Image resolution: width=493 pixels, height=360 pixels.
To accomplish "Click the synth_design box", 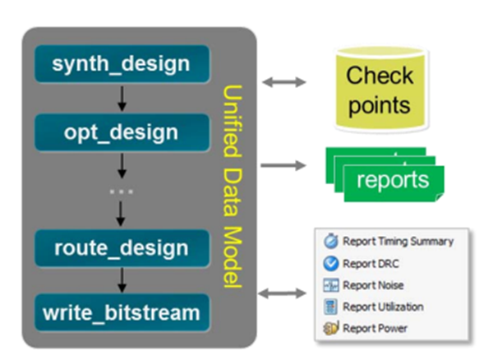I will (x=122, y=63).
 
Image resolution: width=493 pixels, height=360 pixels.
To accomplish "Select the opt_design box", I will (x=122, y=132).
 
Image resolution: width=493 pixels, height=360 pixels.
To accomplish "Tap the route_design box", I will (x=122, y=248).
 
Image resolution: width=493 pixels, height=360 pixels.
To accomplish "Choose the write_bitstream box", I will (x=122, y=313).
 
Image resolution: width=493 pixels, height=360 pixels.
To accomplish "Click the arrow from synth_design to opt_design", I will (x=122, y=98).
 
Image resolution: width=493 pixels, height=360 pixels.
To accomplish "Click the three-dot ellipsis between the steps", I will (x=122, y=192).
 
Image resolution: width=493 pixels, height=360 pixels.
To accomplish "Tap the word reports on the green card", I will (x=393, y=180).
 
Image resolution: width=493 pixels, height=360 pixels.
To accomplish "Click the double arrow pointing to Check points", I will (x=282, y=81).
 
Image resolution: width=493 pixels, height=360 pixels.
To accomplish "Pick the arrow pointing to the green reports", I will (x=282, y=165).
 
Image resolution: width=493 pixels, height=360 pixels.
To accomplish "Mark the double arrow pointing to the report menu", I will (x=282, y=293).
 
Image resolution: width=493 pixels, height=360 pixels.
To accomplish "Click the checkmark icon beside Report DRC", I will (x=331, y=264).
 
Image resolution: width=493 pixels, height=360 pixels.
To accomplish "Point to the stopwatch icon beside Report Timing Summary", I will (x=331, y=242).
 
